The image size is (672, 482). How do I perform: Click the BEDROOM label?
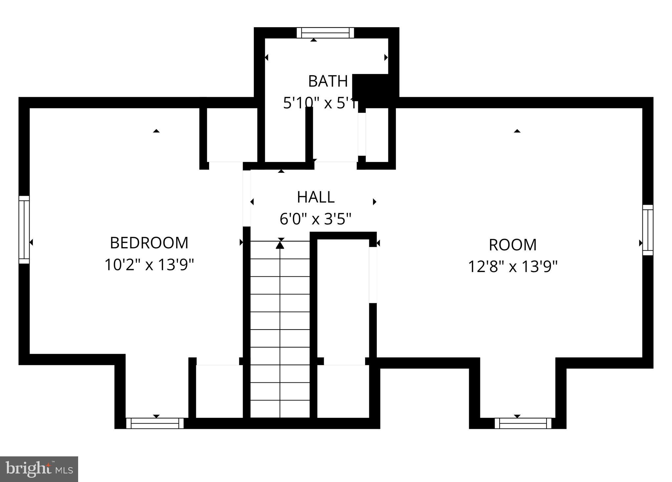[x=149, y=243]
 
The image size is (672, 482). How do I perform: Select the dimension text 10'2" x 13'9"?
[x=149, y=265]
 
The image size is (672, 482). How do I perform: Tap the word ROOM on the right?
[x=512, y=245]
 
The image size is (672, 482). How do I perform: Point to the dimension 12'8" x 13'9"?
[x=512, y=266]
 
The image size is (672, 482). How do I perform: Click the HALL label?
[x=315, y=197]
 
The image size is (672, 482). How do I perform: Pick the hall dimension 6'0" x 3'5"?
[x=315, y=219]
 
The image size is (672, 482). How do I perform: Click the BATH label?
[x=328, y=81]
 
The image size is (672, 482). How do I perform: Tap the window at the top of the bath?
[x=325, y=33]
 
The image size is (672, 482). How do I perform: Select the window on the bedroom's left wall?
[x=24, y=229]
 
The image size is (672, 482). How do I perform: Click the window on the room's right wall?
[x=648, y=230]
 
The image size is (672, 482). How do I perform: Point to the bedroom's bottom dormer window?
[x=155, y=424]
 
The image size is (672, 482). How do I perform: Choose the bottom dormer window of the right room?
[x=523, y=424]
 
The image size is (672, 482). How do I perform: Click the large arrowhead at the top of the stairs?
[x=280, y=245]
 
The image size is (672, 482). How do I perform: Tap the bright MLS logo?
[x=39, y=469]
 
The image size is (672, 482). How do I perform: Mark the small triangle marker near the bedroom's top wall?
[x=156, y=131]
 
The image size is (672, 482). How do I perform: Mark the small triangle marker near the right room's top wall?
[x=517, y=131]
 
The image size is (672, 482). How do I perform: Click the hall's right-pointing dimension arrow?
[x=374, y=202]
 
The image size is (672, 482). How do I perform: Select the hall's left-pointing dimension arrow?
[x=252, y=202]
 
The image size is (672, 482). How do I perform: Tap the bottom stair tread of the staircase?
[x=280, y=409]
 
